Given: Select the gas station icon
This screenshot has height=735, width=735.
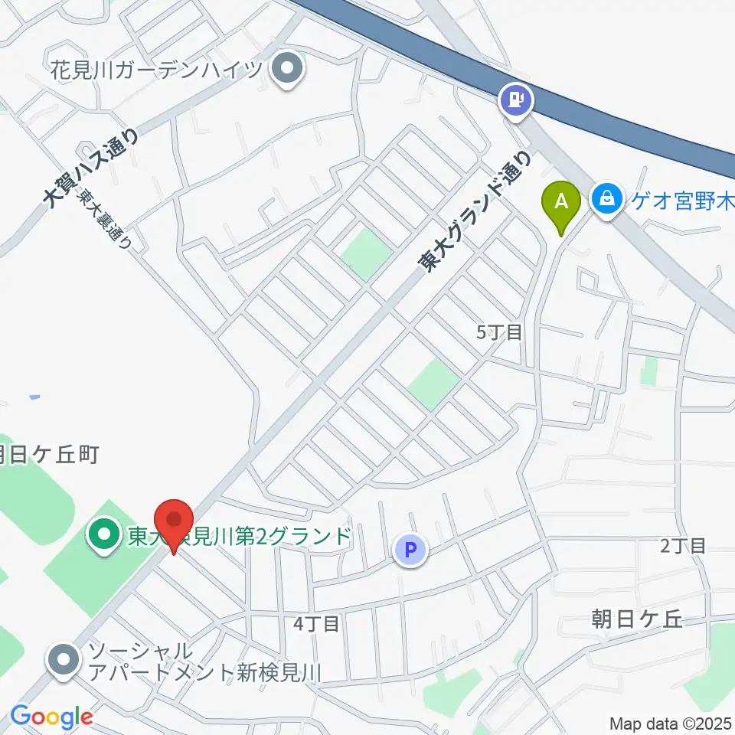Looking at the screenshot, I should [x=517, y=99].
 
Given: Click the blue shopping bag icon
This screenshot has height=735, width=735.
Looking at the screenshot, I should [x=607, y=200].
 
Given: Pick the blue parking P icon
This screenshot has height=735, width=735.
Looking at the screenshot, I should [x=410, y=549].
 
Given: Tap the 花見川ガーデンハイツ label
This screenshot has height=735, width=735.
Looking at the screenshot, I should [x=158, y=70].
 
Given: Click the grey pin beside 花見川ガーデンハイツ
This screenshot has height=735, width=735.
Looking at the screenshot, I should [x=288, y=70].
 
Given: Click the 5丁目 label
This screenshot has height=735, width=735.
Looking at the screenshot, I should [x=499, y=332].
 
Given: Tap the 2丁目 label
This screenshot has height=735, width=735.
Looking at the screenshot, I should [x=682, y=545].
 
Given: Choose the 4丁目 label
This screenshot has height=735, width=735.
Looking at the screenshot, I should [x=316, y=624].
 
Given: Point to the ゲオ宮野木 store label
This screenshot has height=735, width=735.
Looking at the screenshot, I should [x=681, y=201].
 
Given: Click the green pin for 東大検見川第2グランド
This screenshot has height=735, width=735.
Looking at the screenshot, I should [x=103, y=534].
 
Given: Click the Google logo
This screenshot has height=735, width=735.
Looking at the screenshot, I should [x=51, y=717].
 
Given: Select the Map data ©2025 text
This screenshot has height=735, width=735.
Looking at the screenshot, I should [x=670, y=723].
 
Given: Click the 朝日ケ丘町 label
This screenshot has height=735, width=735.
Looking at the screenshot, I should [x=49, y=456].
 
